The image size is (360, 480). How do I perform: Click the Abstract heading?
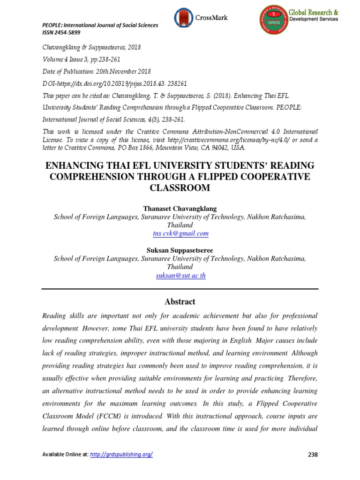[x=180, y=301]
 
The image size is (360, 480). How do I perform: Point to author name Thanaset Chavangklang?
[x=180, y=208]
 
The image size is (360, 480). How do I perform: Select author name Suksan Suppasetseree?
[x=180, y=250]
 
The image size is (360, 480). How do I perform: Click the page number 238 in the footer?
[x=313, y=455]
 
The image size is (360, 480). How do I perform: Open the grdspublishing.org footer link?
[x=127, y=455]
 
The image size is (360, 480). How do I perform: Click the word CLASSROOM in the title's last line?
[x=180, y=188]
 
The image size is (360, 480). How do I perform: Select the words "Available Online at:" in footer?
[x=64, y=455]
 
